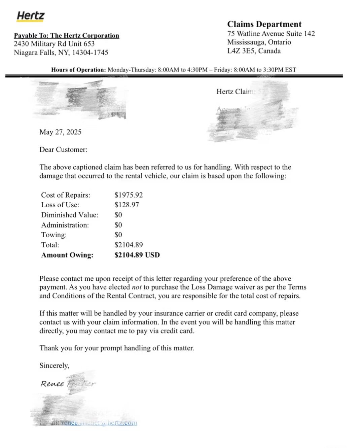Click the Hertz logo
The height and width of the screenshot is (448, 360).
coord(30,16)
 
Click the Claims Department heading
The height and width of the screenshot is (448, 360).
coord(264,24)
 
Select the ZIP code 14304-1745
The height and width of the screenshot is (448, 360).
coord(90,53)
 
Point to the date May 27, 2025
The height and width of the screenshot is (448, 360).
coord(60,132)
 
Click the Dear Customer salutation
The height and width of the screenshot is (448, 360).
coord(63,150)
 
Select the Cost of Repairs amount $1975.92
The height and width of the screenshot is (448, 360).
coord(129,195)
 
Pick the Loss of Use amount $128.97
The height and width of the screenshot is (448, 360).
coord(127,205)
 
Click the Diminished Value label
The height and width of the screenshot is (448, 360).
coord(70,215)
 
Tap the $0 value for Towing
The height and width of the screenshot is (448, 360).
coord(118,235)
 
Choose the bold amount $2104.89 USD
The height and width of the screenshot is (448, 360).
coord(137,255)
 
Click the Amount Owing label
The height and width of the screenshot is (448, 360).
coord(67,255)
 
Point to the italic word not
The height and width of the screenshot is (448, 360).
coord(136,287)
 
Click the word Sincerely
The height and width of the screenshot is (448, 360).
coord(54,366)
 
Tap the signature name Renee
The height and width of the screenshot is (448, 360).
coord(52,384)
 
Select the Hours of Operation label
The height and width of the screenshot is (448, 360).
coord(78,70)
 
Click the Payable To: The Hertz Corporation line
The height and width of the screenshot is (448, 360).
coord(66,35)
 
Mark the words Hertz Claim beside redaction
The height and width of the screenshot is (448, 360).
coord(235,92)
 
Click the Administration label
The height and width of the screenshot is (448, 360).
coord(65,225)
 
